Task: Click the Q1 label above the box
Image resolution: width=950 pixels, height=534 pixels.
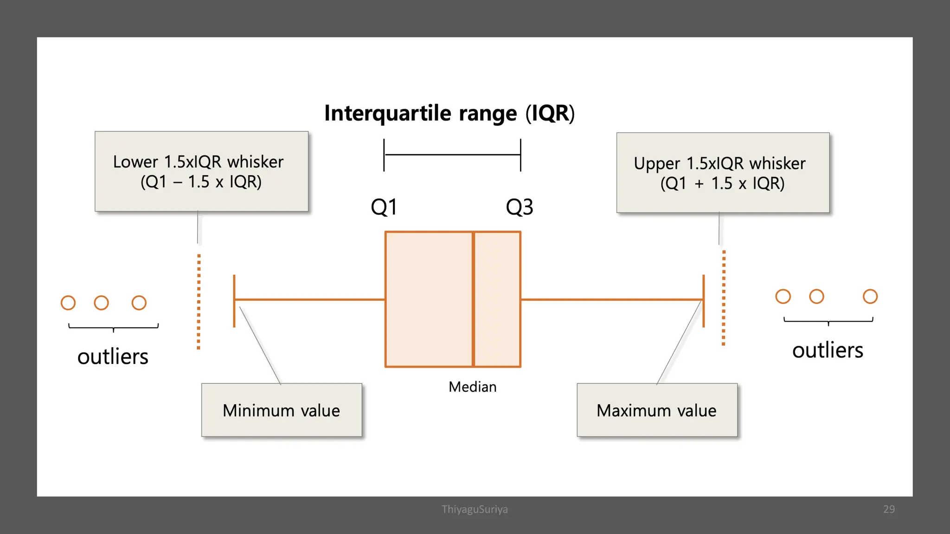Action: tap(384, 207)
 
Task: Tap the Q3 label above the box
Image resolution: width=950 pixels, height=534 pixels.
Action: tap(519, 207)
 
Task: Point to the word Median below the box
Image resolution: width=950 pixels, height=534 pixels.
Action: tap(472, 387)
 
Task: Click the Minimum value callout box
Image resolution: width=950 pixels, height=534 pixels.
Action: tap(281, 410)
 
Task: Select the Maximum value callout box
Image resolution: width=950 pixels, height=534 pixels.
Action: tap(656, 410)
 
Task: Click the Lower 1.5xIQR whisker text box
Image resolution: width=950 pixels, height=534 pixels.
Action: tap(201, 172)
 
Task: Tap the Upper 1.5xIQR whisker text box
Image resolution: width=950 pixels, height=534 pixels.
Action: tap(722, 173)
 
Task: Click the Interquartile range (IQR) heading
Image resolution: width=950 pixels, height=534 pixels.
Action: tap(449, 113)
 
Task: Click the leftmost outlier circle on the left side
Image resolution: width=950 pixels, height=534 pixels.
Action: tap(68, 303)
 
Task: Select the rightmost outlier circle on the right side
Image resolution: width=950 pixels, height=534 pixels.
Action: tap(870, 296)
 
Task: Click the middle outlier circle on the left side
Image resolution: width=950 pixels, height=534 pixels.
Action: tap(101, 303)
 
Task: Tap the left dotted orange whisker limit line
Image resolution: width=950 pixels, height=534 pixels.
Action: tap(199, 301)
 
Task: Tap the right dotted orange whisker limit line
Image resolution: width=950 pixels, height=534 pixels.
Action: tap(723, 298)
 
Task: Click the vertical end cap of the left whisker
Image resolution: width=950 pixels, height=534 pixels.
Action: tap(234, 301)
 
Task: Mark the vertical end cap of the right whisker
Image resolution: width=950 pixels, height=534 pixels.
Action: tap(703, 301)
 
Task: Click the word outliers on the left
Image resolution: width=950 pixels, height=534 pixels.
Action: tap(113, 356)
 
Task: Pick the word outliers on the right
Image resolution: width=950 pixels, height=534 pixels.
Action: tap(827, 350)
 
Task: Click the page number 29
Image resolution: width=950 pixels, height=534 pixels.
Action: tap(889, 509)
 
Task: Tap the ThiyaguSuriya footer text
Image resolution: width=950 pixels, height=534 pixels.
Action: tap(475, 509)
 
